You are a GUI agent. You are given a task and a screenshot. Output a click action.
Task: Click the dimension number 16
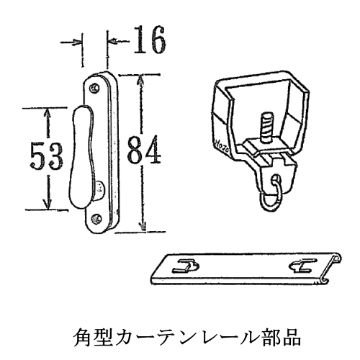pos(149,40)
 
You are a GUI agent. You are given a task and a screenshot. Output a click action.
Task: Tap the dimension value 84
pos(144,150)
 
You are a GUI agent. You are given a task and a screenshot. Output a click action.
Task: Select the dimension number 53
pos(46,156)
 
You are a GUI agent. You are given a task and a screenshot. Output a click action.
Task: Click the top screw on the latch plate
pos(95,88)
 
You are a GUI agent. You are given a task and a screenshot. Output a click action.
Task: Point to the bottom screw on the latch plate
pos(96,219)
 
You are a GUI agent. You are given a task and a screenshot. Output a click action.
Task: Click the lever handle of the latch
pos(81,157)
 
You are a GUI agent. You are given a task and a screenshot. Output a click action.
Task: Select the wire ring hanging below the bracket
pos(271,197)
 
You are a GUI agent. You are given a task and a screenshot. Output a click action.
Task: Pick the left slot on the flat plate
pos(186,266)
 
